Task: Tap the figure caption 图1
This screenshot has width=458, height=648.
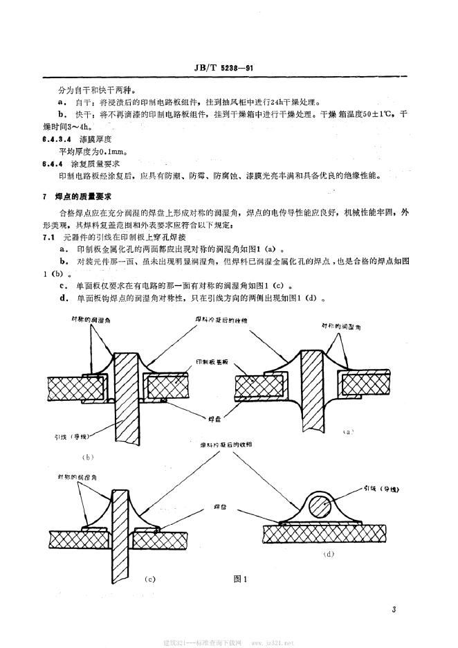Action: [x=241, y=578]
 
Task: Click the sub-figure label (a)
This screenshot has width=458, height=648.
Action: [x=349, y=431]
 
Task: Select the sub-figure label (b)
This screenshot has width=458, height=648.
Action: [x=88, y=457]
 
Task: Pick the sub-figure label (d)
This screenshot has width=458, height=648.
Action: [x=330, y=554]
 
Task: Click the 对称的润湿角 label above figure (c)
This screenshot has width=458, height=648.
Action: [x=77, y=478]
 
